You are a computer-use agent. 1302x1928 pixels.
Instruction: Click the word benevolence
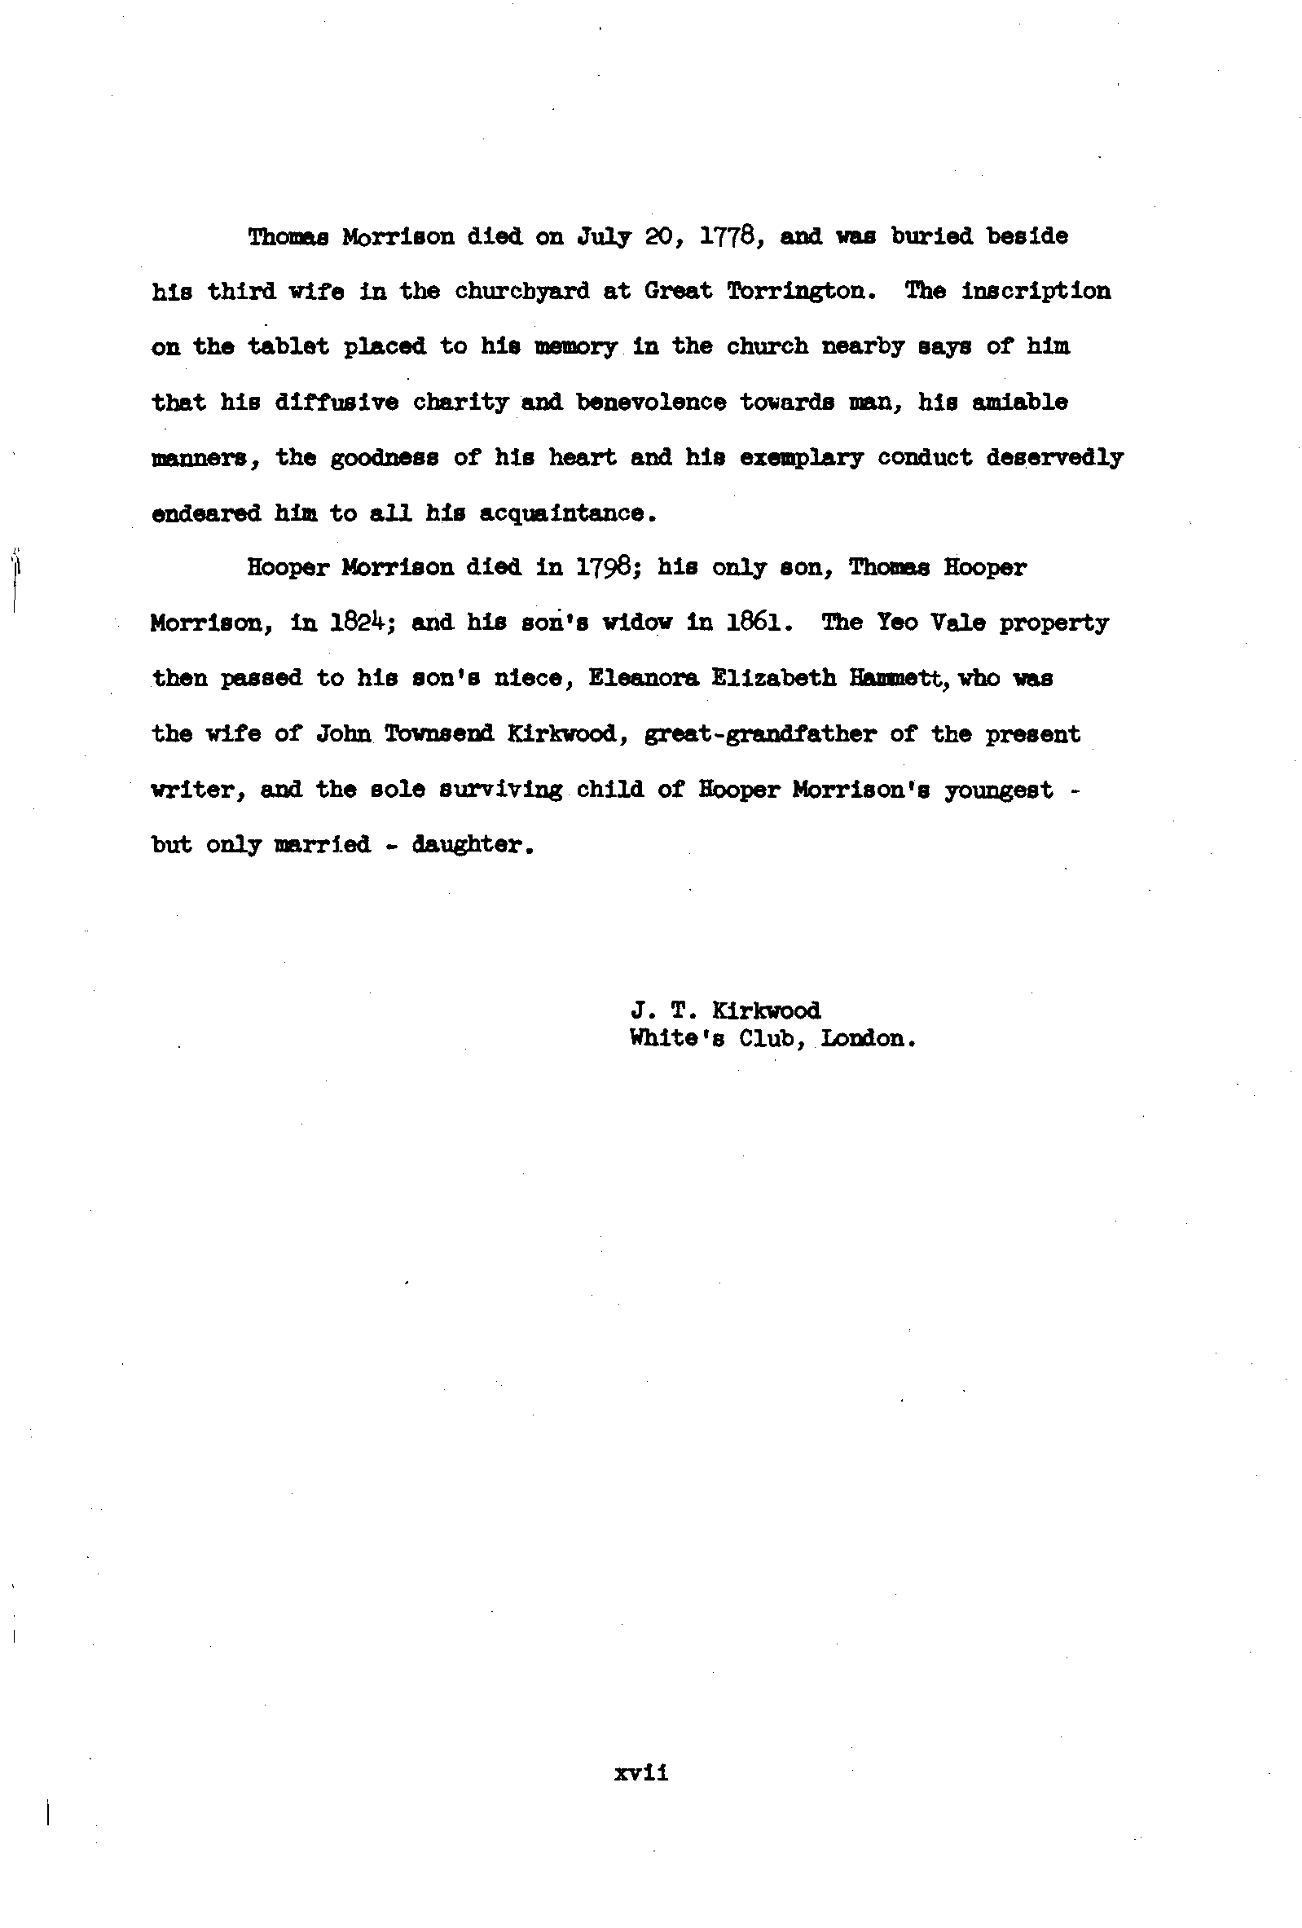(651, 403)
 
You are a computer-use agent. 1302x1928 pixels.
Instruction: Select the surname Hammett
(900, 679)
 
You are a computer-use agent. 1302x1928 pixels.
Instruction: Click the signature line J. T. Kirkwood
(726, 1010)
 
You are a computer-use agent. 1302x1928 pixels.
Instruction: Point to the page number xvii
(641, 1773)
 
